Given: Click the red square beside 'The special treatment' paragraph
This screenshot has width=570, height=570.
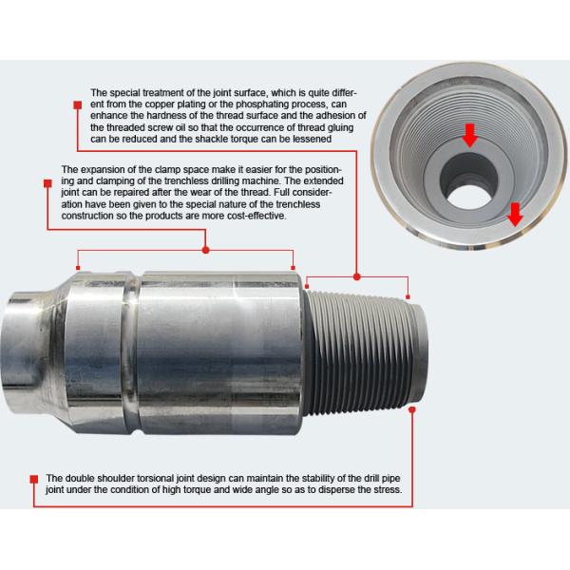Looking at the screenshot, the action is [x=78, y=105].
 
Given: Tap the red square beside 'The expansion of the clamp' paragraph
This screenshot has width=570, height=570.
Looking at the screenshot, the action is [x=47, y=183].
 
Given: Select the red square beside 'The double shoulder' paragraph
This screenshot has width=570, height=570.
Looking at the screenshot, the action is [x=34, y=479].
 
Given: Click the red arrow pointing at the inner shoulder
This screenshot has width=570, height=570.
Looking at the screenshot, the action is [x=470, y=135].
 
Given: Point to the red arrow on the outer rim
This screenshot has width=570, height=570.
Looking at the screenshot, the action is [x=515, y=215].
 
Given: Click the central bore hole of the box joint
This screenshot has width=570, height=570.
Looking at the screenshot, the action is [x=469, y=197].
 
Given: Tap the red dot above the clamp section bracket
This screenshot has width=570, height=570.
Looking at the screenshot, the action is [x=206, y=250].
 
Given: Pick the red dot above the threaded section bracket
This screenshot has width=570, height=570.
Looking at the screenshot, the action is [x=357, y=277].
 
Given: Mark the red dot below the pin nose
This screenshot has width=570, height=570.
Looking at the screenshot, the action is [x=412, y=409].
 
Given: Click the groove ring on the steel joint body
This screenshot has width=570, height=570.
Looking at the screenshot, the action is [x=131, y=352].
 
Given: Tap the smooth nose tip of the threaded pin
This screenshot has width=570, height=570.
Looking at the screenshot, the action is [x=420, y=351].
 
